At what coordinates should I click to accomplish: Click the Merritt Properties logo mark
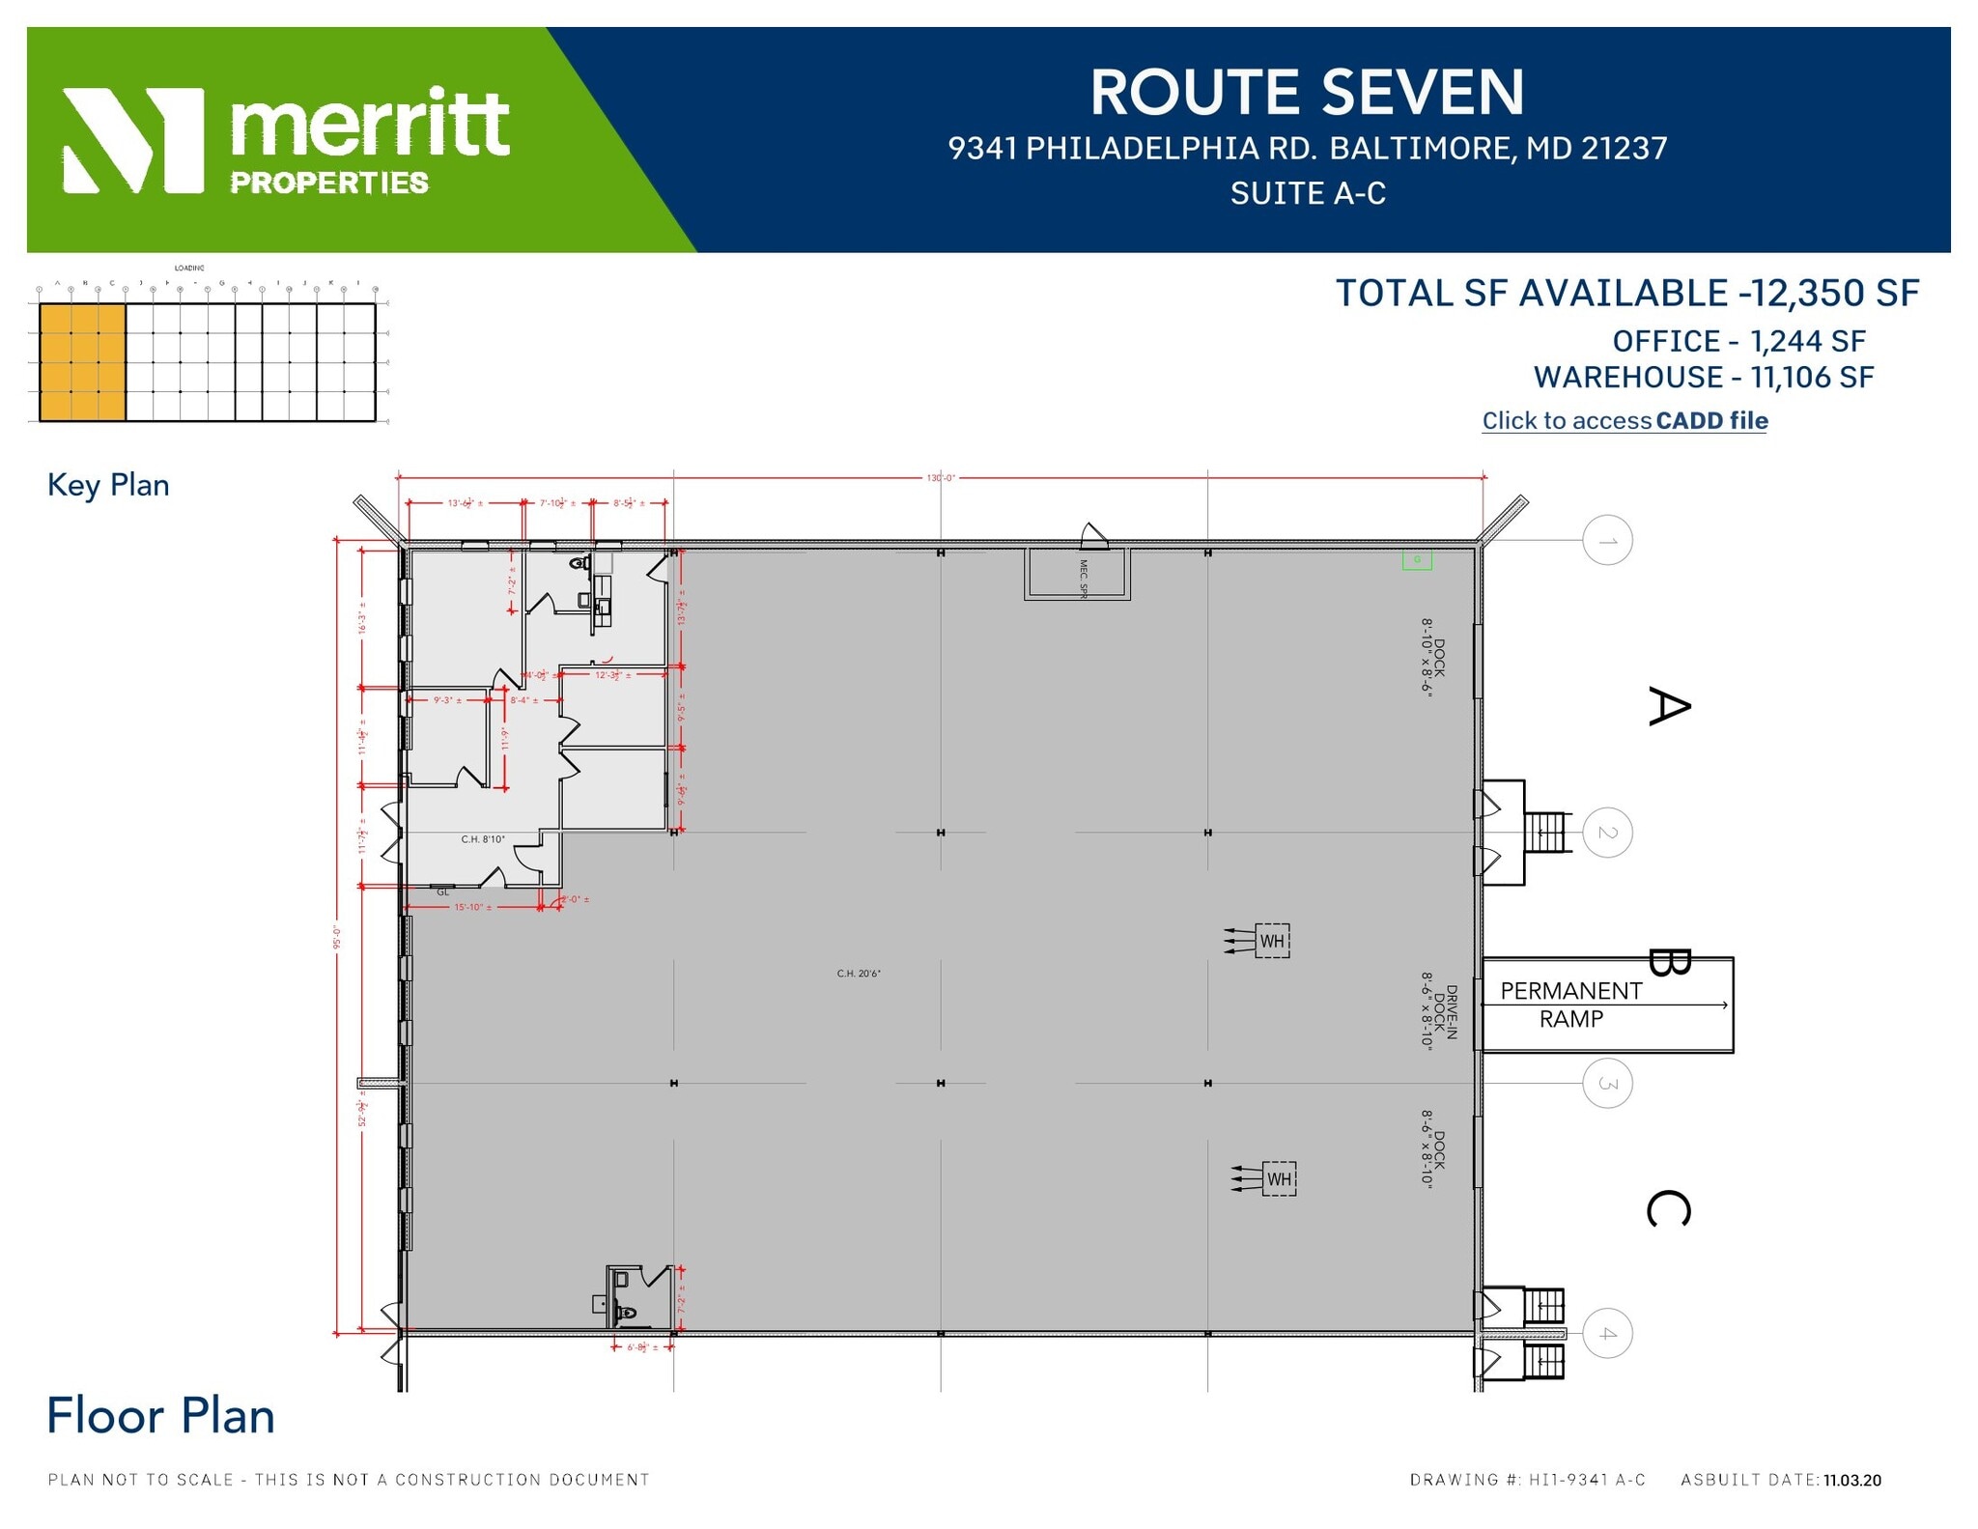pos(133,141)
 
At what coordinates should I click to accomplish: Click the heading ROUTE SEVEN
pos(1307,93)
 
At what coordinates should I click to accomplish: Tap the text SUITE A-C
pos(1307,194)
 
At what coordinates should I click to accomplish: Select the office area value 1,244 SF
pos(1807,342)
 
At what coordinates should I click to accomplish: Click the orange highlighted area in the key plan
pos(83,362)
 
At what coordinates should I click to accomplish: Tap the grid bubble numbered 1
pos(1607,541)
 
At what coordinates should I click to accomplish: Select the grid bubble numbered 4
pos(1607,1334)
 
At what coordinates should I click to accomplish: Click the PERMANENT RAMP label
pos(1570,1005)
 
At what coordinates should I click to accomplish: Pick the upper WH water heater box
pos(1272,941)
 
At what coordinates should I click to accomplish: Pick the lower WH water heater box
pos(1279,1179)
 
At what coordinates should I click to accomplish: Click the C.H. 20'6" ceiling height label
pos(859,974)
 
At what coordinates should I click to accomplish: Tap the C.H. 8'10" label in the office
pos(483,839)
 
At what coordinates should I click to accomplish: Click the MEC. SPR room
pos(1078,575)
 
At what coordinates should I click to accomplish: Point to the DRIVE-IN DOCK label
pos(1438,1011)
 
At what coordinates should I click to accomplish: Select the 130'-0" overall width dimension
pos(940,477)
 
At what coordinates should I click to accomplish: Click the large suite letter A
pos(1668,706)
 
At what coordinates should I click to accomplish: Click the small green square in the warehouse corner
pos(1417,560)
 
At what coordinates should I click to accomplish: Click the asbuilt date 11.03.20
pos(1851,1481)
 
